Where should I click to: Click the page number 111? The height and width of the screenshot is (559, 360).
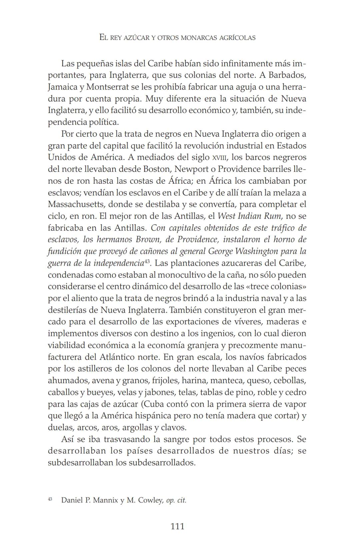(177, 526)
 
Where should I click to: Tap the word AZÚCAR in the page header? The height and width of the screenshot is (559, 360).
(137, 38)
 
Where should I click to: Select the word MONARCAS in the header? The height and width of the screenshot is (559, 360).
(199, 38)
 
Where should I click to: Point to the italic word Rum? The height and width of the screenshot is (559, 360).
(272, 216)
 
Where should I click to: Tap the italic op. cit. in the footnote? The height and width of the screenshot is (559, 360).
(176, 500)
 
